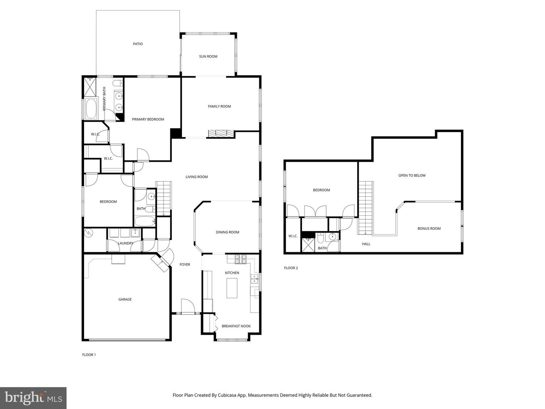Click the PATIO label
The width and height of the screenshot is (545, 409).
[138, 44]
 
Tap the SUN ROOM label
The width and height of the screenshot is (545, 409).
[208, 56]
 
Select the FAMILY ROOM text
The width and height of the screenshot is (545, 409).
[219, 106]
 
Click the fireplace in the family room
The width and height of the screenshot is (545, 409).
[221, 133]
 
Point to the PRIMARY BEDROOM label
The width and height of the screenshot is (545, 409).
[148, 119]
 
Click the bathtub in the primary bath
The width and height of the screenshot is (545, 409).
[91, 109]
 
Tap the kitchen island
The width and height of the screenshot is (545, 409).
[232, 288]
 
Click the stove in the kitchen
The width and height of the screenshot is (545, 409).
[241, 259]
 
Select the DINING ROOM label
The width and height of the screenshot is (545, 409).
[227, 232]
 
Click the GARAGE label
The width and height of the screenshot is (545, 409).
[125, 299]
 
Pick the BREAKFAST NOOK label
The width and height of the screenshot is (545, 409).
[236, 326]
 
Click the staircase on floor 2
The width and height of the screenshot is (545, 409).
[366, 207]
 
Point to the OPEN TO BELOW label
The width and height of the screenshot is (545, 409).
[412, 175]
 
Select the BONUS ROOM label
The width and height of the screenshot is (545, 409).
[429, 228]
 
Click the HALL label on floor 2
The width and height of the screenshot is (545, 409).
[366, 244]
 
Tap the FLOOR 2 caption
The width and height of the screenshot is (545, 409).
[291, 268]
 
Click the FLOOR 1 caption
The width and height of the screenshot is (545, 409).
[89, 355]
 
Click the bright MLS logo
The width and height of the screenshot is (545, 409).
[33, 398]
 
